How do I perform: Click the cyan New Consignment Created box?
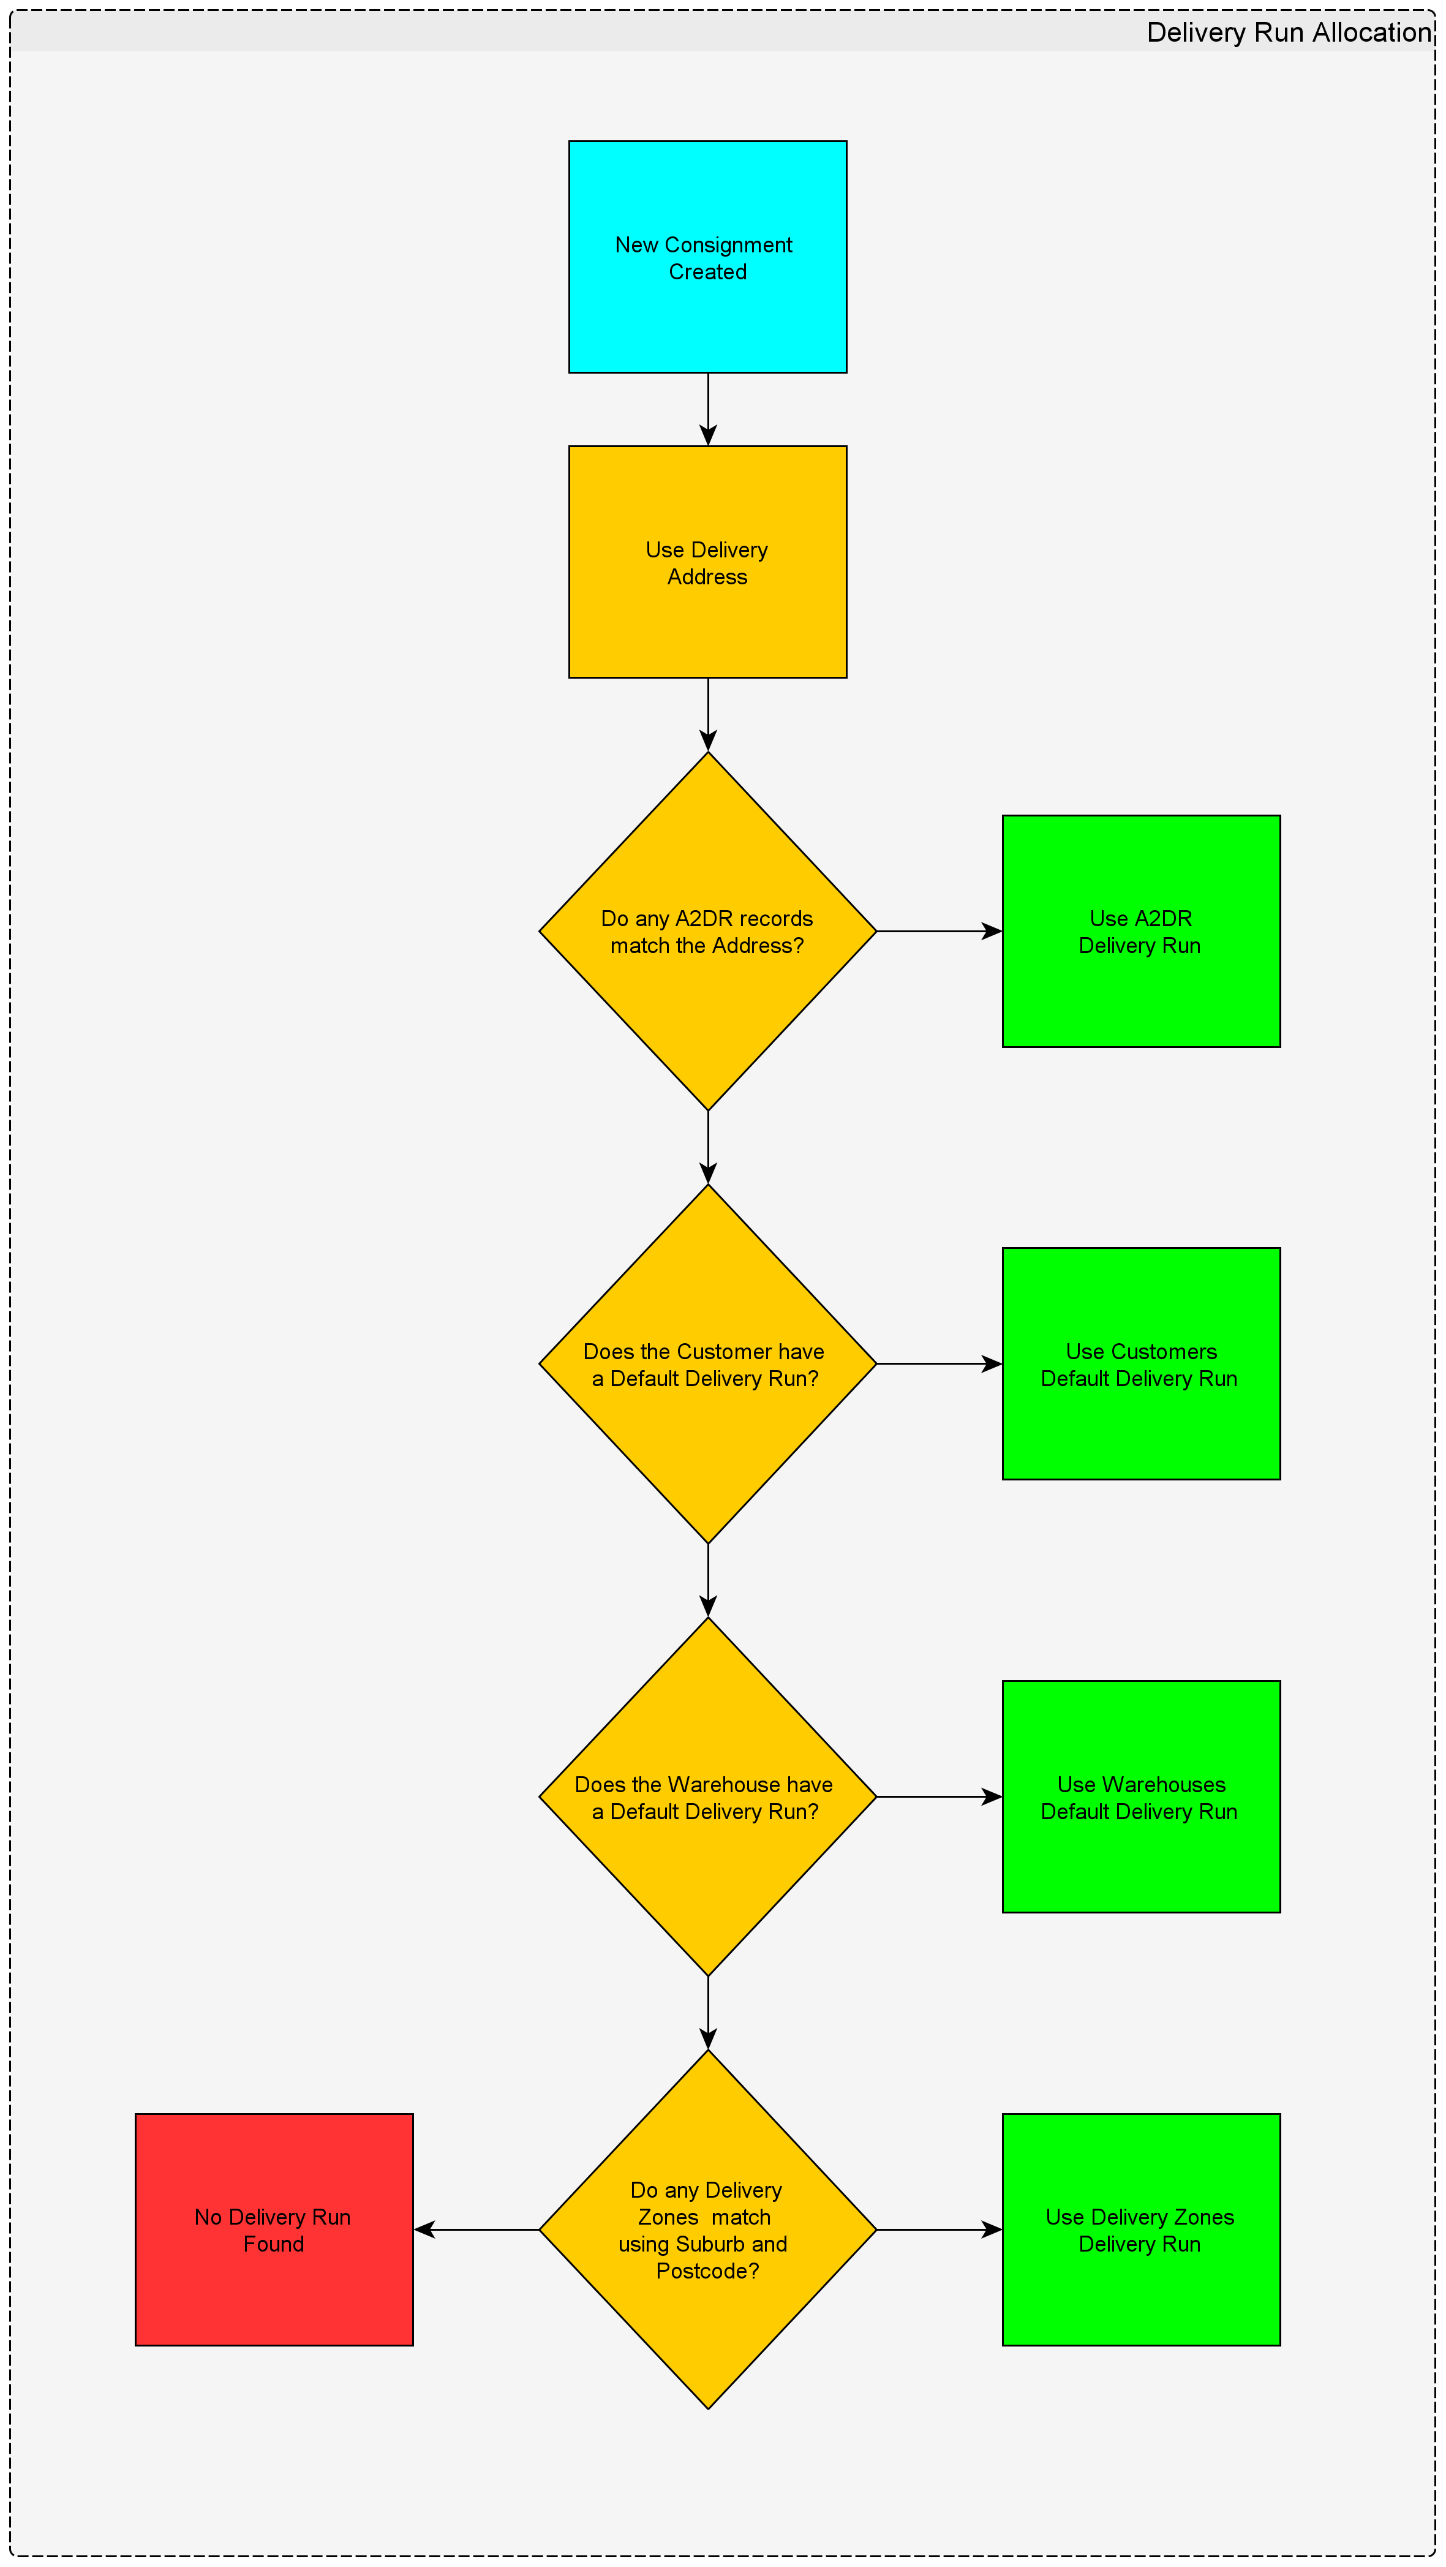707,257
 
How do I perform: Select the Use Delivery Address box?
707,562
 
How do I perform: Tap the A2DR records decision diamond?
707,931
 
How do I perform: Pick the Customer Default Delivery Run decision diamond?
707,1363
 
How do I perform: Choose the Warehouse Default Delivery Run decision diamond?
707,1796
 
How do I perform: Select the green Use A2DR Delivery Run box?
1141,931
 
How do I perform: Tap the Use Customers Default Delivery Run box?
1141,1363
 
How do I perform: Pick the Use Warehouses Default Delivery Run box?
1141,1796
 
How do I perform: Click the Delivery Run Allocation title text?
1289,33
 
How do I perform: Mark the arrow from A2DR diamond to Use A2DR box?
939,931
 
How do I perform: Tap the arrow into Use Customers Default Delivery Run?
939,1363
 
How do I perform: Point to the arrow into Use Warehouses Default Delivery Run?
939,1796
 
